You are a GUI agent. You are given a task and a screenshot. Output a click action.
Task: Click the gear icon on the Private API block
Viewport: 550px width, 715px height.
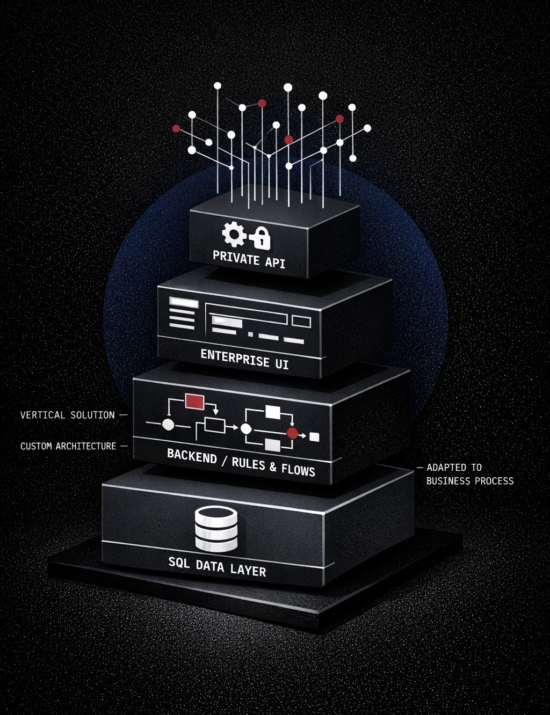click(x=234, y=235)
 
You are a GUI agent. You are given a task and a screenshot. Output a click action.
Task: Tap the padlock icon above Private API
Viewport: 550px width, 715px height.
click(x=260, y=238)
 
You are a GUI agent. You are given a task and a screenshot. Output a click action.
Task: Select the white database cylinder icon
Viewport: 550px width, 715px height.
click(x=216, y=529)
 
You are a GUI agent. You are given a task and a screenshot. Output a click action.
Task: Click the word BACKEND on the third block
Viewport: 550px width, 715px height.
click(x=192, y=456)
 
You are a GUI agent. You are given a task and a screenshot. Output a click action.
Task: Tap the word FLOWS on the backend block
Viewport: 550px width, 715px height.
click(x=298, y=470)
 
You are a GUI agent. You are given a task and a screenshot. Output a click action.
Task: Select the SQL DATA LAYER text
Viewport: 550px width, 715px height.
click(x=217, y=566)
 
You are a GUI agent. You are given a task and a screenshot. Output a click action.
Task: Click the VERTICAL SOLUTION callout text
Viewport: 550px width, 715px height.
click(x=68, y=415)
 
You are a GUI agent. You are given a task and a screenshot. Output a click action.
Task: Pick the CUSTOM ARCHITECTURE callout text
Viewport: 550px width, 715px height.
click(x=68, y=446)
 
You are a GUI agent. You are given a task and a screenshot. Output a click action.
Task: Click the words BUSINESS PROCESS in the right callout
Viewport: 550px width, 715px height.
click(x=470, y=481)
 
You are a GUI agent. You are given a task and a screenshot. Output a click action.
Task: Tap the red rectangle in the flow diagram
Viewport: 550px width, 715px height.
click(x=194, y=400)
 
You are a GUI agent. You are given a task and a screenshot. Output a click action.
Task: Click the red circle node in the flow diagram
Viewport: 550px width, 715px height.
click(x=292, y=433)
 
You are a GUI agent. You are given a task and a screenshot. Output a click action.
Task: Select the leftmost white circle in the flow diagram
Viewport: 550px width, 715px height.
click(x=168, y=425)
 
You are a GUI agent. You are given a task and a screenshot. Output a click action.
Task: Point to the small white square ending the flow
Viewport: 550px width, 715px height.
click(x=314, y=437)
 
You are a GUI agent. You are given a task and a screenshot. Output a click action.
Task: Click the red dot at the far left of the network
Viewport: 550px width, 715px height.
click(x=176, y=128)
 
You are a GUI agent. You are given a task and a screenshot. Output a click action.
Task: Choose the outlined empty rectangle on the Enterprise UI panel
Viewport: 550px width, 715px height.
click(x=301, y=322)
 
